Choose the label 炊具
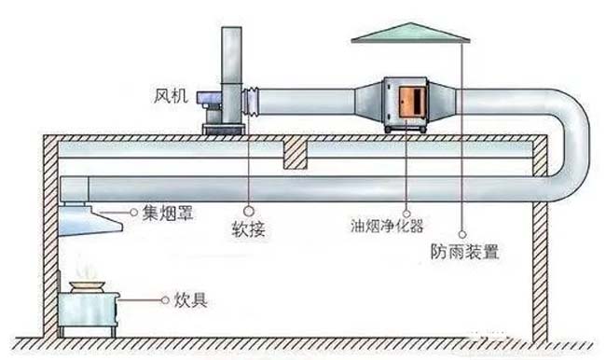click(x=189, y=301)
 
